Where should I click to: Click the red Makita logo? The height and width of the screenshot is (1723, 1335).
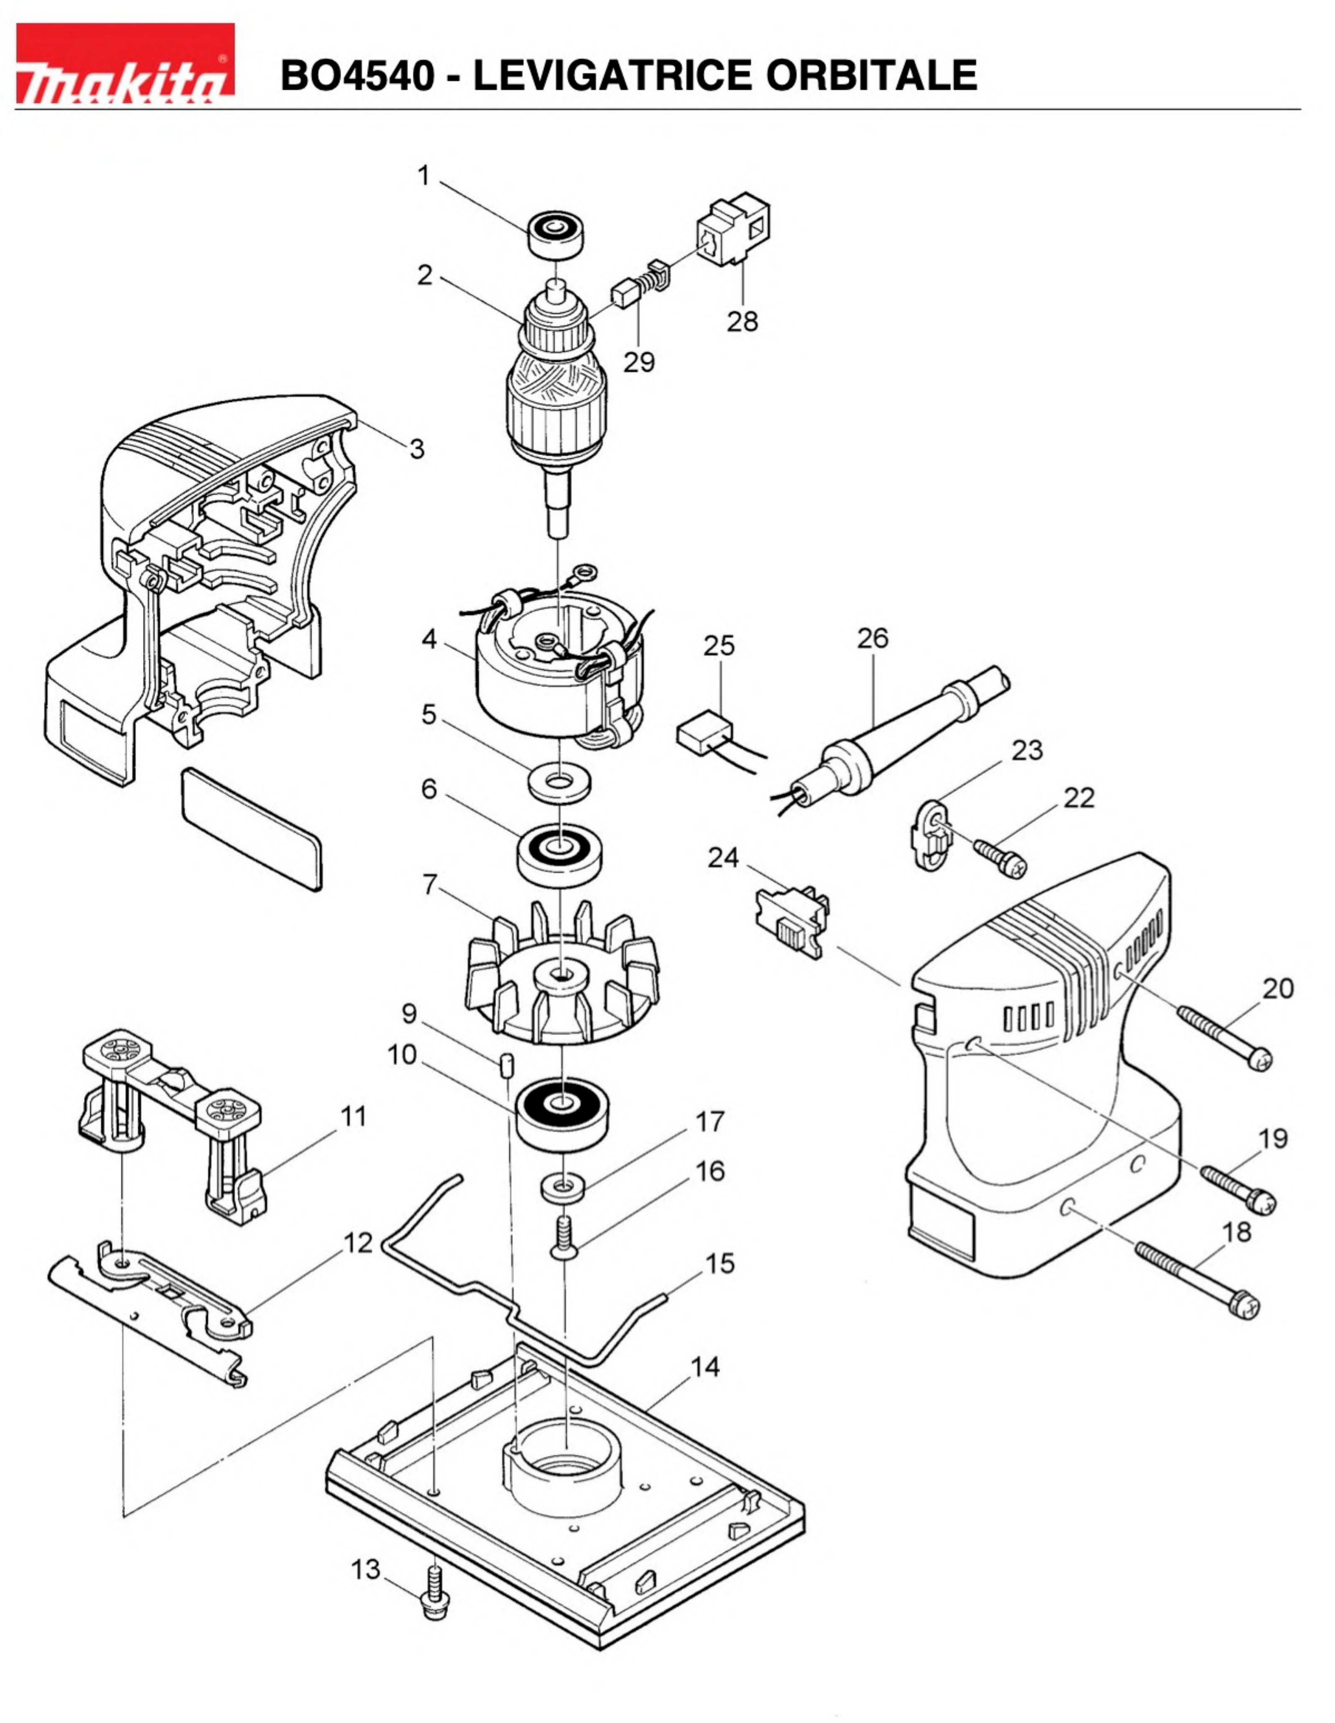click(x=125, y=63)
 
